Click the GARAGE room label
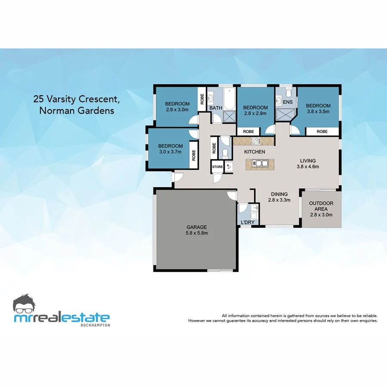(x=197, y=227)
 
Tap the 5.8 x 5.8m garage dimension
(x=197, y=233)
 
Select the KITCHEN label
(x=255, y=152)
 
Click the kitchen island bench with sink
(x=260, y=163)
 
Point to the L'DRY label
(x=248, y=222)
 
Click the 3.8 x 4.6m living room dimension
(x=308, y=167)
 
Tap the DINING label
(x=279, y=194)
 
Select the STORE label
(x=217, y=166)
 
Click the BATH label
(x=215, y=108)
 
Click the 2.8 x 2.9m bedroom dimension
(x=255, y=114)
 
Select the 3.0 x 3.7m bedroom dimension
(x=170, y=152)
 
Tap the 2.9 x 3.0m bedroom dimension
(x=178, y=110)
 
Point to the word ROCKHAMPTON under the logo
(x=95, y=325)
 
